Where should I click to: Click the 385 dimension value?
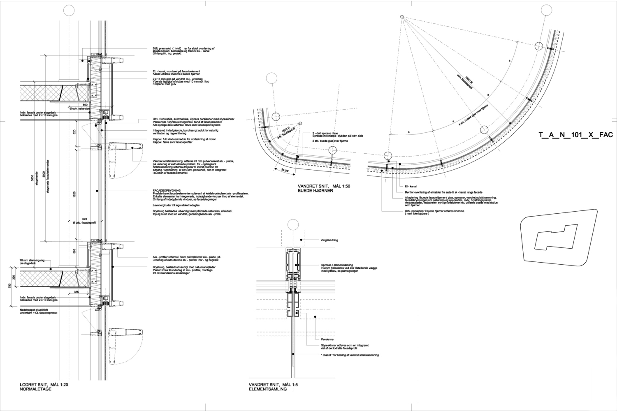pos(76,291)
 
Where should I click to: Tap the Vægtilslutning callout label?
pos(329,240)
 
